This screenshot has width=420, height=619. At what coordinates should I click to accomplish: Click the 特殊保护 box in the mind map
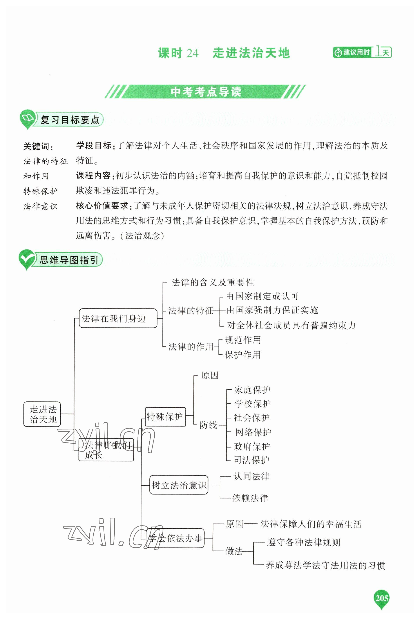[x=165, y=416]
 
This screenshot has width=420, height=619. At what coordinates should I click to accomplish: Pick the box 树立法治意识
[x=179, y=485]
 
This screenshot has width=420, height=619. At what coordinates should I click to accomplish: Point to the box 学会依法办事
[x=175, y=538]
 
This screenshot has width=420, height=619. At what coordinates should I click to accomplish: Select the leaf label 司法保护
[x=251, y=460]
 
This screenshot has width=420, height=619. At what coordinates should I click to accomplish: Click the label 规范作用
[x=243, y=340]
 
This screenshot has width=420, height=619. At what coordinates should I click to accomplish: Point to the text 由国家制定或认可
[x=262, y=296]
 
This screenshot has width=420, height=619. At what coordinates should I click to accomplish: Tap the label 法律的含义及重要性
[x=212, y=282]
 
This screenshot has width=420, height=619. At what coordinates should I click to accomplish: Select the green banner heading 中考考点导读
[x=205, y=92]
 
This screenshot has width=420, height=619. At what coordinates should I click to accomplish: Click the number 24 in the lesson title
[x=192, y=53]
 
